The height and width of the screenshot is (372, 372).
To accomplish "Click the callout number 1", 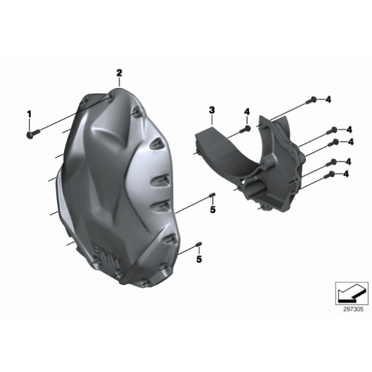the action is pyautogui.click(x=29, y=114).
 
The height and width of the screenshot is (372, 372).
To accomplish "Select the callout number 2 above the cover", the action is pyautogui.click(x=119, y=73).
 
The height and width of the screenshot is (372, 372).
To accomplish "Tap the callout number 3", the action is pyautogui.click(x=212, y=110).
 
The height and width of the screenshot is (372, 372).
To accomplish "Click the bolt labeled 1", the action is pyautogui.click(x=33, y=133).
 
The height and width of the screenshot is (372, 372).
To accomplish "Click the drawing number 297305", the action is pyautogui.click(x=353, y=309).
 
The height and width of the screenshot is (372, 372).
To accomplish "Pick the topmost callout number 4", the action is pyautogui.click(x=328, y=99).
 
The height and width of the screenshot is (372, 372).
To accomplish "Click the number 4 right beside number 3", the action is pyautogui.click(x=247, y=112).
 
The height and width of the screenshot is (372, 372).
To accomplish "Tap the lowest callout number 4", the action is pyautogui.click(x=346, y=174).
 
